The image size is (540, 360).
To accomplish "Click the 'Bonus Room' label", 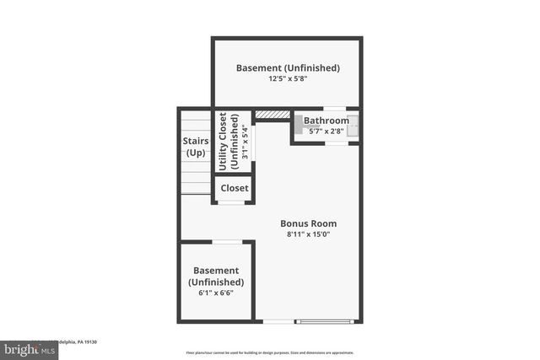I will click(308, 223).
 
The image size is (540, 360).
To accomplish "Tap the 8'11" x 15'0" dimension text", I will click(308, 234).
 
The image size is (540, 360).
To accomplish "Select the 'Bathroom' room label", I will click(327, 121).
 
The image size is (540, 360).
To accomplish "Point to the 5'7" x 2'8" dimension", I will click(327, 132).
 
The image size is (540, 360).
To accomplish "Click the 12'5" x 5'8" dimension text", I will click(287, 78).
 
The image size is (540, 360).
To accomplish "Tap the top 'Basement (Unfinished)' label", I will click(287, 67).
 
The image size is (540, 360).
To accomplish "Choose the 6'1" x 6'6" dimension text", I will click(215, 293).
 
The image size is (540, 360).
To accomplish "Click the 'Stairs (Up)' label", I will click(196, 147).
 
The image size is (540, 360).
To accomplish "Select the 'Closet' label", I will click(234, 188).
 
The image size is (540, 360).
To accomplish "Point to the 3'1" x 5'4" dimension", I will click(245, 142).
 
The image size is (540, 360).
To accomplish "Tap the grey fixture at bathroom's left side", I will click(298, 121).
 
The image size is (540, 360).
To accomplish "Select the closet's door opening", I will click(232, 203).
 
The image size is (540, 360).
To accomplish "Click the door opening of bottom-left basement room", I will click(226, 242).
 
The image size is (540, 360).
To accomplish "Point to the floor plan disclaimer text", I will click(270, 352).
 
